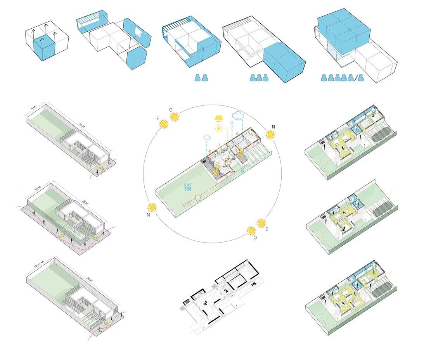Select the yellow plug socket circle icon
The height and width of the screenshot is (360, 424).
(x=218, y=128)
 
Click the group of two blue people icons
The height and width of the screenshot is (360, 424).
(x=201, y=78)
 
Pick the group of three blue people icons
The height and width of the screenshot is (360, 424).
(x=259, y=78)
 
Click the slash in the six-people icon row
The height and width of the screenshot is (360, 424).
(x=356, y=78)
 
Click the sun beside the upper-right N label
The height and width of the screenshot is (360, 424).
(x=270, y=134)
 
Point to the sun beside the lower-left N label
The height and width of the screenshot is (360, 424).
(x=152, y=207)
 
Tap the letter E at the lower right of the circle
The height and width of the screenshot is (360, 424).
(x=267, y=229)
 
